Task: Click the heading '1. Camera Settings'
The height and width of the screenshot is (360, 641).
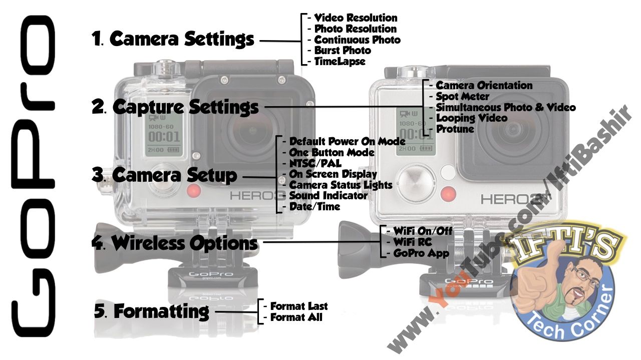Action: (x=173, y=39)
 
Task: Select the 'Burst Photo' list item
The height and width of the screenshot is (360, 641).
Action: (x=343, y=51)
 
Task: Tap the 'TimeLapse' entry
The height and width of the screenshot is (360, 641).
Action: (x=340, y=62)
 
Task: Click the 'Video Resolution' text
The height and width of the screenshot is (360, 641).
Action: (x=356, y=19)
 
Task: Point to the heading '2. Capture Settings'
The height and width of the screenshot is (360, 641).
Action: (x=176, y=107)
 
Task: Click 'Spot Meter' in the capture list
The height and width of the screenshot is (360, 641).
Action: (x=462, y=96)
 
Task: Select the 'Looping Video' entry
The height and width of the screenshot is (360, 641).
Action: (x=471, y=119)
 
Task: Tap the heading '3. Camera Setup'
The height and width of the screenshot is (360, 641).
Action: (x=165, y=175)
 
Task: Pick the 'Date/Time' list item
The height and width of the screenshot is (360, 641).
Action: (x=314, y=206)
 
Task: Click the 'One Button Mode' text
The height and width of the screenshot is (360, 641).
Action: (x=332, y=152)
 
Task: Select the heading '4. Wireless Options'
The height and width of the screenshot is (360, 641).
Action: (x=175, y=243)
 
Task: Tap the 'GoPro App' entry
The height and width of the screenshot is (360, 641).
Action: (x=421, y=253)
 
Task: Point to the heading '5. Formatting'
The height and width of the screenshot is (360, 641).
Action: (x=152, y=311)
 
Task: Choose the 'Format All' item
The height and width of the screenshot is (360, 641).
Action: (x=296, y=317)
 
